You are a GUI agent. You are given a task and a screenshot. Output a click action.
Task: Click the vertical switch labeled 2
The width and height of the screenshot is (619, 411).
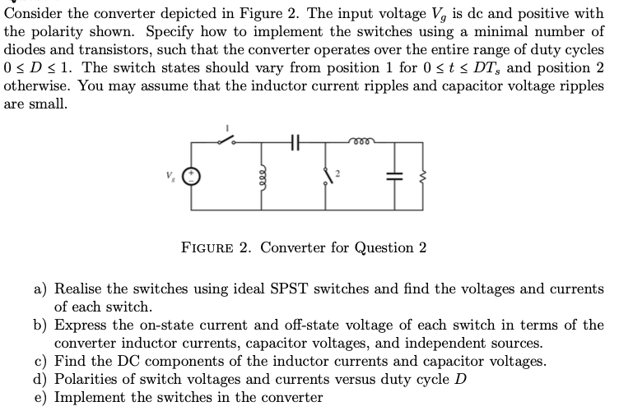(329, 176)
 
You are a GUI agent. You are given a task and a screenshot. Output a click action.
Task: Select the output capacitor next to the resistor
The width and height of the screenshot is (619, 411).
(389, 176)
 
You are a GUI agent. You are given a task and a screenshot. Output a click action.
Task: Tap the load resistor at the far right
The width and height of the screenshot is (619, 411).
(422, 175)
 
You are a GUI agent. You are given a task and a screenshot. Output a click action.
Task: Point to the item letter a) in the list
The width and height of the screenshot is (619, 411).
(40, 289)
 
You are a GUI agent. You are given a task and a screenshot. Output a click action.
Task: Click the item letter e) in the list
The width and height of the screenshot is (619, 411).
(40, 397)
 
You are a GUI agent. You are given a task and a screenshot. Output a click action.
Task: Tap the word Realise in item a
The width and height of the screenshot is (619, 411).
(81, 289)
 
